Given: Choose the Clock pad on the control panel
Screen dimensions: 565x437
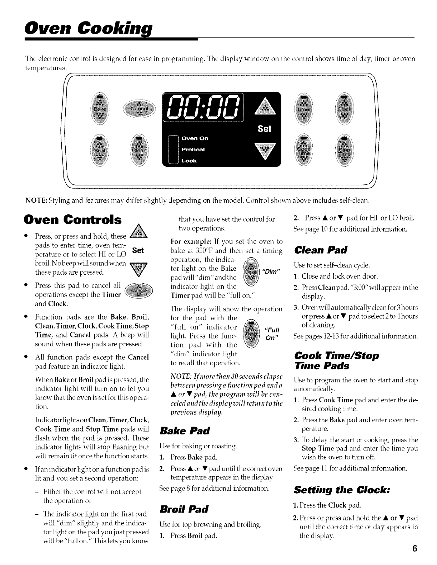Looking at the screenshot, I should pyautogui.click(x=345, y=108).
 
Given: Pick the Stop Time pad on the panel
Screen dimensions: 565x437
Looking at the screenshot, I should pyautogui.click(x=345, y=151).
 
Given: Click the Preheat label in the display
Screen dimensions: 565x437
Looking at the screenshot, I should pyautogui.click(x=194, y=149).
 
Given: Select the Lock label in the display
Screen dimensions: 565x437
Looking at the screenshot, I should pyautogui.click(x=189, y=161).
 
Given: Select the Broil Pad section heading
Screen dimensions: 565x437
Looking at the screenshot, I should pyautogui.click(x=184, y=509).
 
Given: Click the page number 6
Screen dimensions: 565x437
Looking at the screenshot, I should pyautogui.click(x=414, y=549).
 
